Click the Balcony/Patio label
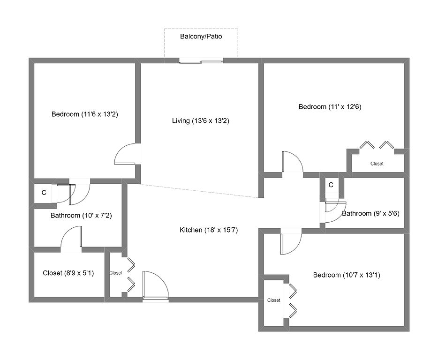pos(201,36)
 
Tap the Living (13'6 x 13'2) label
pos(200,121)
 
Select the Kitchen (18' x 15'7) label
pos(209,230)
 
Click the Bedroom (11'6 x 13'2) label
pos(84,114)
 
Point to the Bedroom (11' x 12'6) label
pos(330,107)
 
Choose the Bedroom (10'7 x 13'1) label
pos(347,275)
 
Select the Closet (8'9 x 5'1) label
pos(68,273)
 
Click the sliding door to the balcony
pos(201,60)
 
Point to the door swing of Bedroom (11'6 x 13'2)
pos(127,155)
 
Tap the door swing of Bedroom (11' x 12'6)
pos(292,162)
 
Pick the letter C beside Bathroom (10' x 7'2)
pos(44,192)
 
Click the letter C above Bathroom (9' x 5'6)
pos(331,185)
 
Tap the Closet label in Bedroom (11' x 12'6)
pos(377,164)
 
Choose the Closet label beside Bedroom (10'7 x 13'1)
pos(273,300)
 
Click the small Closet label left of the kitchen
pos(116,273)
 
